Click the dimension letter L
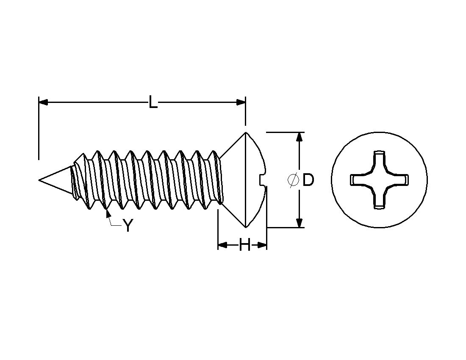153,102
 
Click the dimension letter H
244,245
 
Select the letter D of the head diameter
308,180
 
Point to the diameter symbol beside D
292,180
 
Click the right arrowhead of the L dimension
241,102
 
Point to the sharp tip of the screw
39,180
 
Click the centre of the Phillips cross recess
379,180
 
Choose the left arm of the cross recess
357,180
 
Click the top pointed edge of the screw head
245,133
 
